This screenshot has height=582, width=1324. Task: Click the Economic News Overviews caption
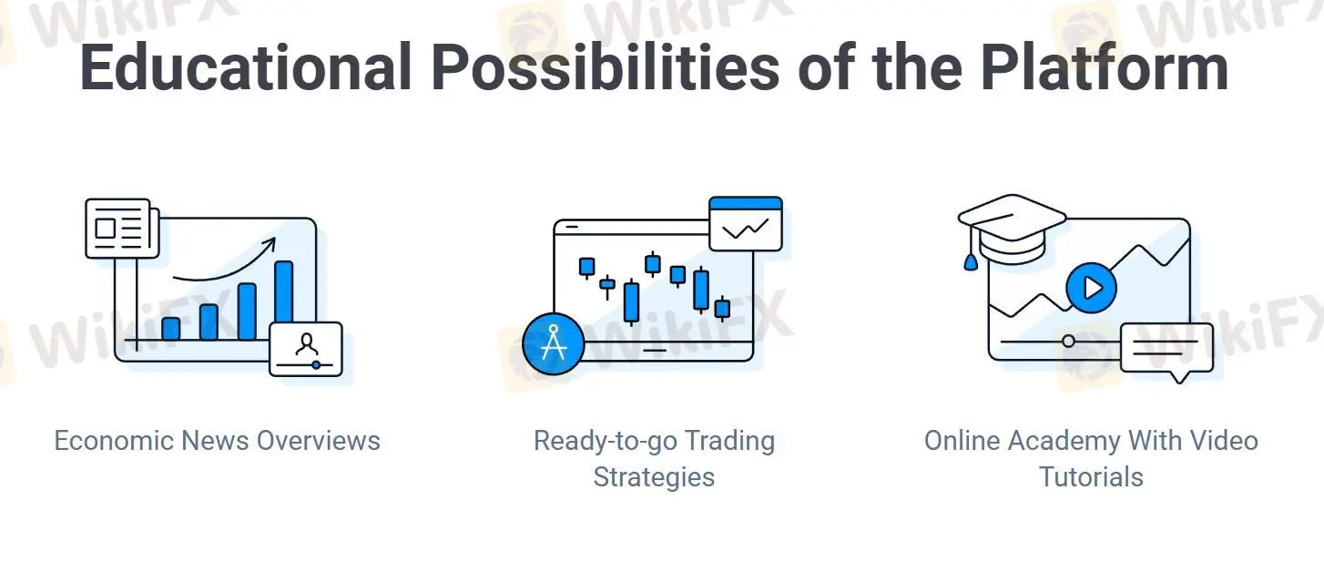click(217, 441)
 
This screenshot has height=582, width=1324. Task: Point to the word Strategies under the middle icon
click(654, 477)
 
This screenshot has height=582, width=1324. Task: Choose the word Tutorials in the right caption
click(1091, 476)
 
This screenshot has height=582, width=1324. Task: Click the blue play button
click(1091, 288)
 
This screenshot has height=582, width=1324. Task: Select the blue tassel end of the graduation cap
click(971, 262)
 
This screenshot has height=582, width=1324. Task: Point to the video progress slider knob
click(1068, 342)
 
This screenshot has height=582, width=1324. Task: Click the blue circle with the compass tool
click(554, 343)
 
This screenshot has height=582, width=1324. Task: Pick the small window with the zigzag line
click(746, 224)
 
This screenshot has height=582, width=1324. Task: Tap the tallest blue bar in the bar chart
click(284, 300)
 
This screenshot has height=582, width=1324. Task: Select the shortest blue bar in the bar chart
click(171, 328)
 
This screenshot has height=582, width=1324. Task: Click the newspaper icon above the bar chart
click(122, 229)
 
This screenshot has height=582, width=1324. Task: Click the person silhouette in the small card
click(307, 344)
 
